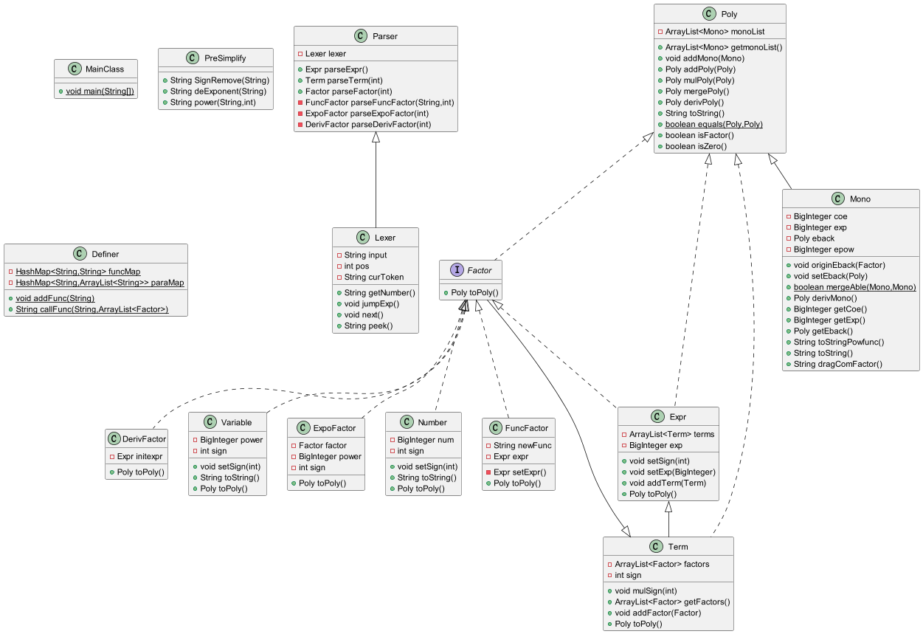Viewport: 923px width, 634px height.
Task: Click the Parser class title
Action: pyautogui.click(x=385, y=36)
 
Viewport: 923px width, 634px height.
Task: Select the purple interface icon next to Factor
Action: pyautogui.click(x=457, y=270)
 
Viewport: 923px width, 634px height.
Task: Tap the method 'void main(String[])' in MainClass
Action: pyautogui.click(x=100, y=91)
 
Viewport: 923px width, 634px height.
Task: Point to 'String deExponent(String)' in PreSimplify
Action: pyautogui.click(x=218, y=91)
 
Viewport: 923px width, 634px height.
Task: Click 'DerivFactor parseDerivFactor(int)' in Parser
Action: pyautogui.click(x=368, y=125)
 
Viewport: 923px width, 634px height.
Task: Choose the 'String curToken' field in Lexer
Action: pyautogui.click(x=374, y=277)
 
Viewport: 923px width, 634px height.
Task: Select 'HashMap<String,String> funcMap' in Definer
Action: pyautogui.click(x=78, y=272)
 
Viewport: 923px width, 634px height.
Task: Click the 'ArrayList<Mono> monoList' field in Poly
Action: pyautogui.click(x=714, y=32)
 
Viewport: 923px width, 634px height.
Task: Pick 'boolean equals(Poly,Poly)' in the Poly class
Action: pyautogui.click(x=713, y=125)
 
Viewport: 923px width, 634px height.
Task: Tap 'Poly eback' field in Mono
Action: pyautogui.click(x=814, y=238)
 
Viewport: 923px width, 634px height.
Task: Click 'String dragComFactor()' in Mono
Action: pyautogui.click(x=837, y=364)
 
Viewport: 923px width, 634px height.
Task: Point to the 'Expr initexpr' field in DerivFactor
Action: pyautogui.click(x=139, y=456)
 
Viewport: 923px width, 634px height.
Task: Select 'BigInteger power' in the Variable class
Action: pyautogui.click(x=231, y=440)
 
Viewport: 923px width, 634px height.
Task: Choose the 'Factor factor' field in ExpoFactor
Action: pyautogui.click(x=322, y=445)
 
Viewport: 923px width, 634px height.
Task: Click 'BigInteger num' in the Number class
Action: pyautogui.click(x=426, y=440)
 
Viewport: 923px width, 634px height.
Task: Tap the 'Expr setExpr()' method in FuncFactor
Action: pyautogui.click(x=519, y=472)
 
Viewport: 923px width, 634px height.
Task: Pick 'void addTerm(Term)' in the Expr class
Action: pyautogui.click(x=667, y=483)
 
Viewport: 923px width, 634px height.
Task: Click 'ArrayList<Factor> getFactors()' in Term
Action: pyautogui.click(x=672, y=602)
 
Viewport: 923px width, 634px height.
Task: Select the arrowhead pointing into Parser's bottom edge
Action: pyautogui.click(x=376, y=137)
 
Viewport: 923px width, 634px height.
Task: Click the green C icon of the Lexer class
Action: pyautogui.click(x=362, y=238)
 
